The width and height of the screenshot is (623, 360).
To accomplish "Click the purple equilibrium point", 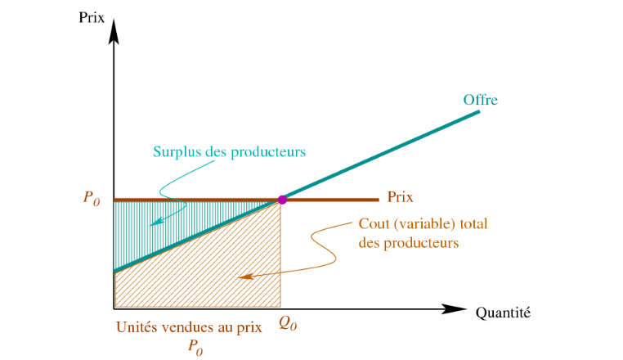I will (x=282, y=200).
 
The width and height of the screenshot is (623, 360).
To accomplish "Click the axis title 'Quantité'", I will (x=502, y=312).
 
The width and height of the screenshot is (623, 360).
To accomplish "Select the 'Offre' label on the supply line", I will (x=481, y=100).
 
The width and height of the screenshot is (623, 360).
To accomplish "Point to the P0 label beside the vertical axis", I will (x=92, y=199).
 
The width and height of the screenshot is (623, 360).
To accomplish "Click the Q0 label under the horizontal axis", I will (x=287, y=324).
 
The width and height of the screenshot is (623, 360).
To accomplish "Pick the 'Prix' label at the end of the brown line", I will (x=400, y=197).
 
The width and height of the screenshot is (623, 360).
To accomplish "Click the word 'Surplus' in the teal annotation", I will (x=175, y=151).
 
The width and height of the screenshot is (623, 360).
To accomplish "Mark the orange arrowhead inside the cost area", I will (x=244, y=277).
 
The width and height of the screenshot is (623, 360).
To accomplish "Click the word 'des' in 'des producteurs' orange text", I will (x=369, y=242).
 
